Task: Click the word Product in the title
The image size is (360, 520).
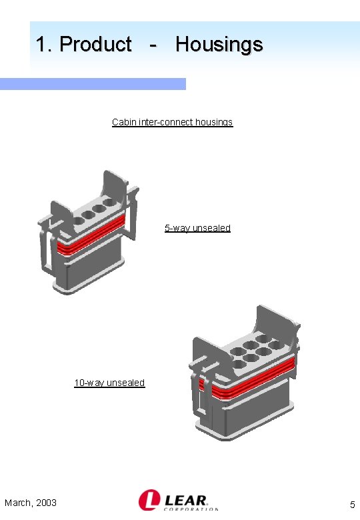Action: coord(95,45)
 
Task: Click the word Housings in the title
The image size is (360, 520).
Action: coord(219,45)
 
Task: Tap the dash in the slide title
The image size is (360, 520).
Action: coord(154,45)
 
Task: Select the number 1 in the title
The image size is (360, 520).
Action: coord(42,45)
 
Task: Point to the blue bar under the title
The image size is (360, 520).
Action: coord(93,84)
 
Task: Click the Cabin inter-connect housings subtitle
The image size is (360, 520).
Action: coord(172,122)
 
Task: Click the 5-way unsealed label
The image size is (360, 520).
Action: coord(197,228)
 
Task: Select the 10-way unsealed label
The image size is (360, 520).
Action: coord(109,383)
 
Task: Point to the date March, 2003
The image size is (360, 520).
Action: coord(30,503)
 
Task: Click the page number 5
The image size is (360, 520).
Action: coord(352,505)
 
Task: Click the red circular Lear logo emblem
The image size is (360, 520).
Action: coord(148,501)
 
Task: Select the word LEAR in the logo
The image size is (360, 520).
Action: coord(186,499)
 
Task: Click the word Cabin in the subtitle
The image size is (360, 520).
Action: coord(124,122)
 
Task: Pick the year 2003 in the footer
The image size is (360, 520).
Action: coord(45,503)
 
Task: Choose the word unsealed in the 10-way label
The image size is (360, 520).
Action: coord(125,383)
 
